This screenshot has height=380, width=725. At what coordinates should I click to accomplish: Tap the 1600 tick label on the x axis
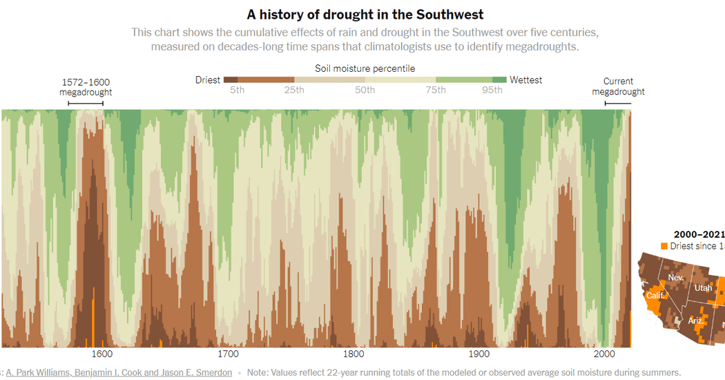pos(102,354)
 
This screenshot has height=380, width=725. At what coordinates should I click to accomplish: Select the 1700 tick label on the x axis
pos(228,354)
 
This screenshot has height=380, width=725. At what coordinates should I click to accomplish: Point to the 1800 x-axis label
pos(354,354)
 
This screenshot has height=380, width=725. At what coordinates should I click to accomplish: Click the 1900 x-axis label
pos(478,354)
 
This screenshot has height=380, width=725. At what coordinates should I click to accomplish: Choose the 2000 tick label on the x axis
pos(604,354)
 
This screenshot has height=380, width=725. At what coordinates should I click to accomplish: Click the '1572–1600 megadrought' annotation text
pos(86,86)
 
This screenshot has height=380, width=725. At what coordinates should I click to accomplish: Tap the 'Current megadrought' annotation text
pos(618,86)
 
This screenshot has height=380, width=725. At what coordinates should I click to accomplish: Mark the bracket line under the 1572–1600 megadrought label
pos(86,104)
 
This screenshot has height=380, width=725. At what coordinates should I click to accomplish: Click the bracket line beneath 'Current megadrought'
pos(618,104)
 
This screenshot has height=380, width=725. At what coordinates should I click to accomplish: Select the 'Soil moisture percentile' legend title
pos(365,68)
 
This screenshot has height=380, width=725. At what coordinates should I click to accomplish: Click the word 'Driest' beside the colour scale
pos(208,80)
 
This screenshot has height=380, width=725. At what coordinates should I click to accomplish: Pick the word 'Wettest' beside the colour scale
pos(525,80)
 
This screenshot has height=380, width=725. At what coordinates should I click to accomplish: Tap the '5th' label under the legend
pos(238,91)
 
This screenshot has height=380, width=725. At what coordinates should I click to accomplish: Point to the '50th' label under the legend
pos(365,91)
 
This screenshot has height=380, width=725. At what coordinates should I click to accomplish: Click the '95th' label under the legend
pos(492,91)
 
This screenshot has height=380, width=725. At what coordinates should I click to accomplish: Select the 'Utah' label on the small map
pos(703,287)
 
